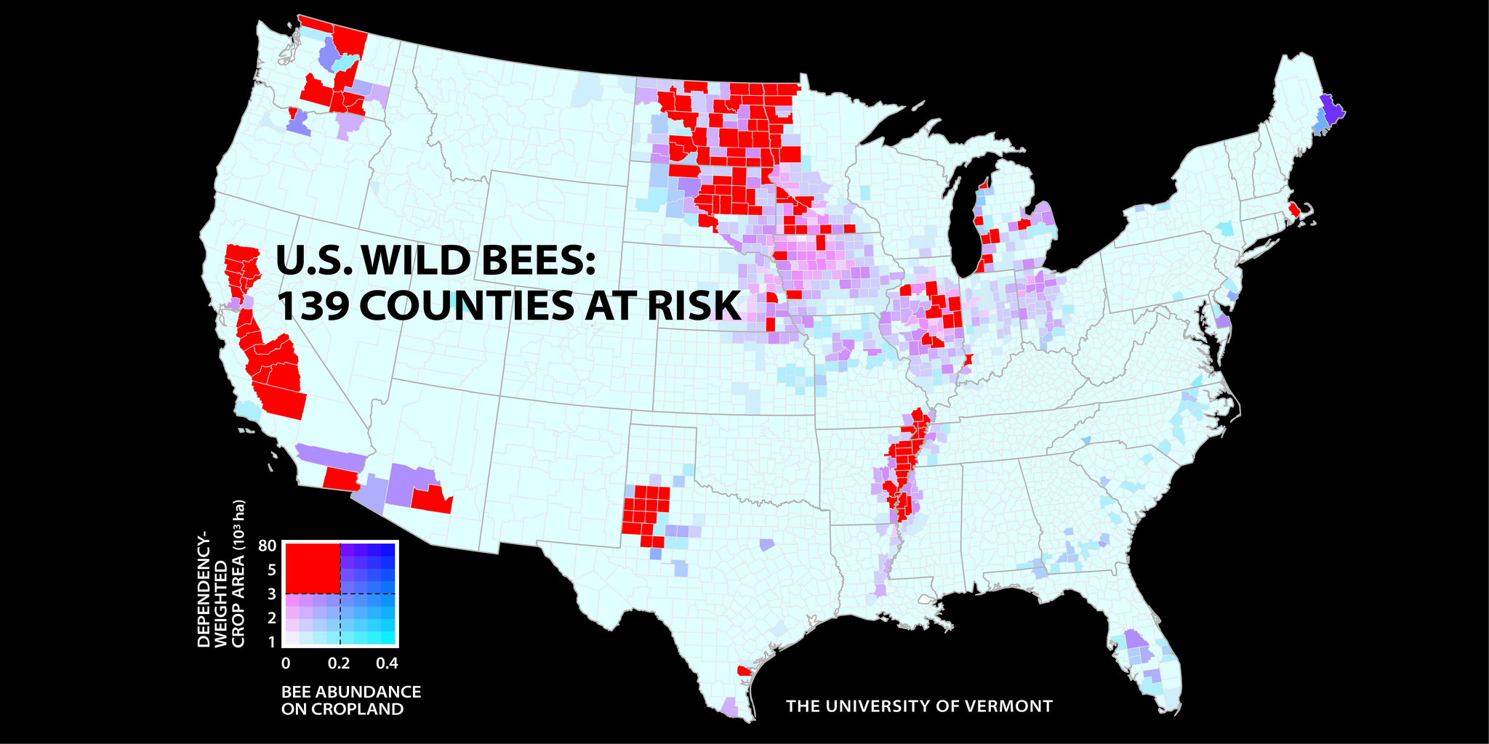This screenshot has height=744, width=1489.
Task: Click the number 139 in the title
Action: (x=313, y=306)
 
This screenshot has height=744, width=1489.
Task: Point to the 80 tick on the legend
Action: (x=267, y=546)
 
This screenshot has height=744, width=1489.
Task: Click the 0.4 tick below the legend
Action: (x=387, y=663)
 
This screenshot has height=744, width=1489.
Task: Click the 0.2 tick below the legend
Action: (x=339, y=663)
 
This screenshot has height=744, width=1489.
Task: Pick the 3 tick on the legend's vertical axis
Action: (x=271, y=594)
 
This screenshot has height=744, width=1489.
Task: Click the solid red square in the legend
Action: (x=311, y=568)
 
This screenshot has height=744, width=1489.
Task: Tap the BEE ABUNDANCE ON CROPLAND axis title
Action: (x=350, y=700)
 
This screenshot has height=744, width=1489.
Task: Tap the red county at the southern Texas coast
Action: (x=743, y=671)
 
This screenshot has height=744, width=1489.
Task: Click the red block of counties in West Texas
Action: (x=645, y=509)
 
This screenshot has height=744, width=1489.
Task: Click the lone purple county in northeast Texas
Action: (x=767, y=543)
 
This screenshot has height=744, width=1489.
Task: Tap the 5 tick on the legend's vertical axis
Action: (x=271, y=570)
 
